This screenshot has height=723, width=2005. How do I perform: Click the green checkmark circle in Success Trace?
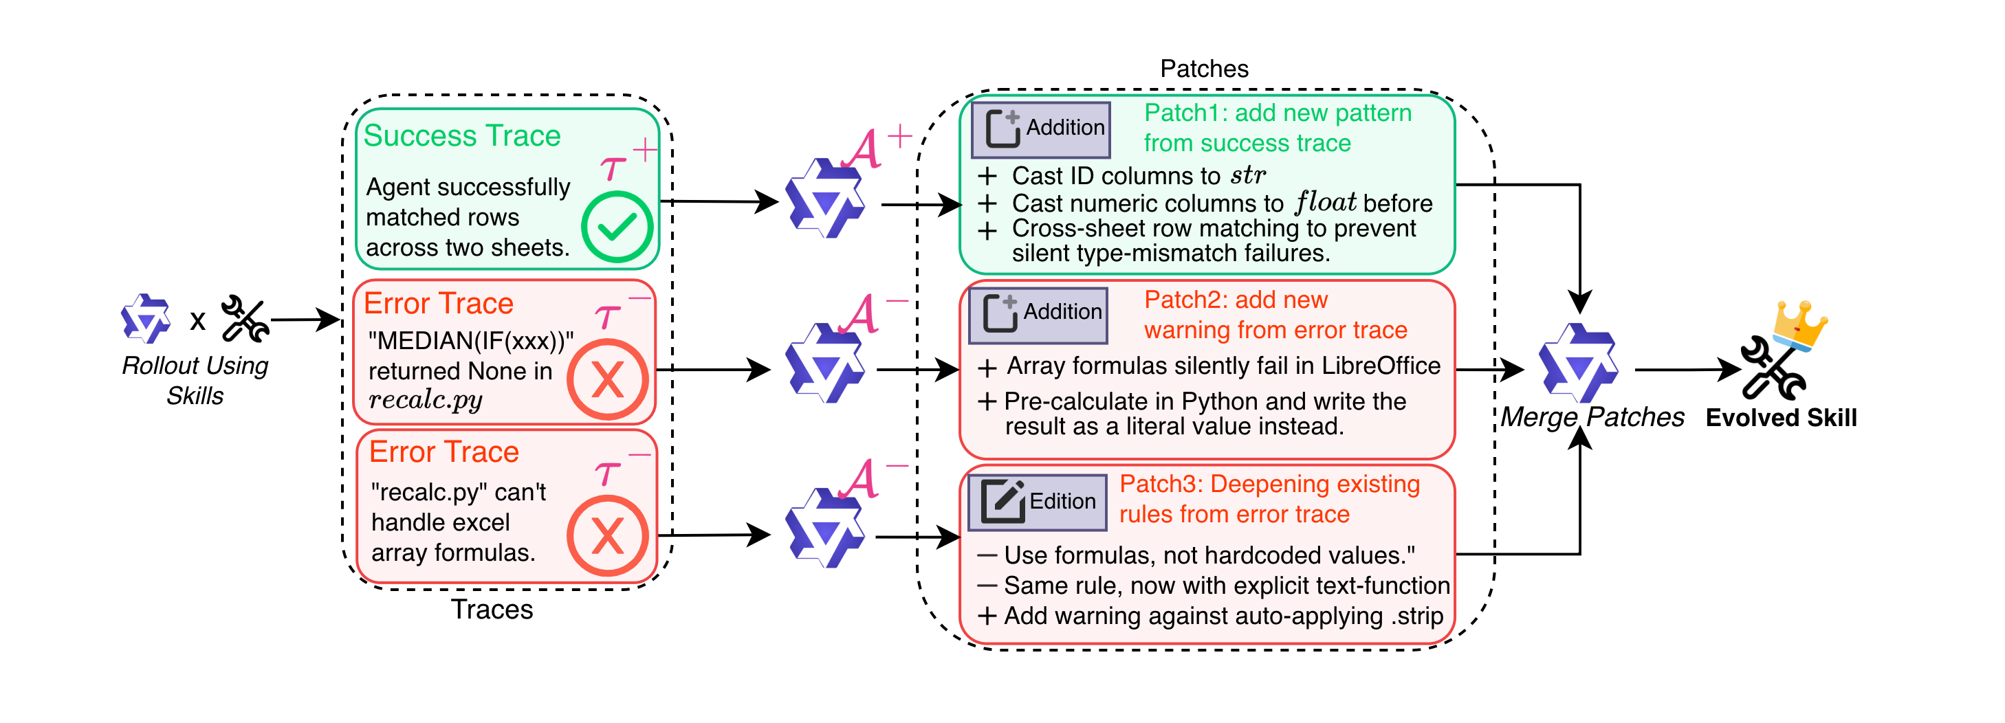(617, 227)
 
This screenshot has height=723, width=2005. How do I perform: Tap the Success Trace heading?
(461, 136)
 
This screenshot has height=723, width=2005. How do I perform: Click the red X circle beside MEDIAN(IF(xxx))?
(607, 380)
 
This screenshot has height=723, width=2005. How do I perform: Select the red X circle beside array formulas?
(607, 536)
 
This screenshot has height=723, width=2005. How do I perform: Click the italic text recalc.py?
(425, 400)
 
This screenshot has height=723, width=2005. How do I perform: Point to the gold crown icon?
(1799, 326)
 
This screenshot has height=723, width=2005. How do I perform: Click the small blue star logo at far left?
(146, 319)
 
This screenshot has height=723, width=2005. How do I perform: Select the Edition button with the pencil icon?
(1038, 502)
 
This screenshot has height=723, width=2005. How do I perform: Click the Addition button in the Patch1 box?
(1040, 129)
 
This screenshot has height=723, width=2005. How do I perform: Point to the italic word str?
(1248, 176)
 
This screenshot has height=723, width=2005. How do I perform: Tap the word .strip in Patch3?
(1416, 616)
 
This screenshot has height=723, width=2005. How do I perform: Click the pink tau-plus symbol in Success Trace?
(626, 160)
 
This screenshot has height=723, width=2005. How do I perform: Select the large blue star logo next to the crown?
(1579, 364)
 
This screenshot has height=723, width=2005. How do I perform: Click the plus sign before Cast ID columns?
(987, 176)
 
